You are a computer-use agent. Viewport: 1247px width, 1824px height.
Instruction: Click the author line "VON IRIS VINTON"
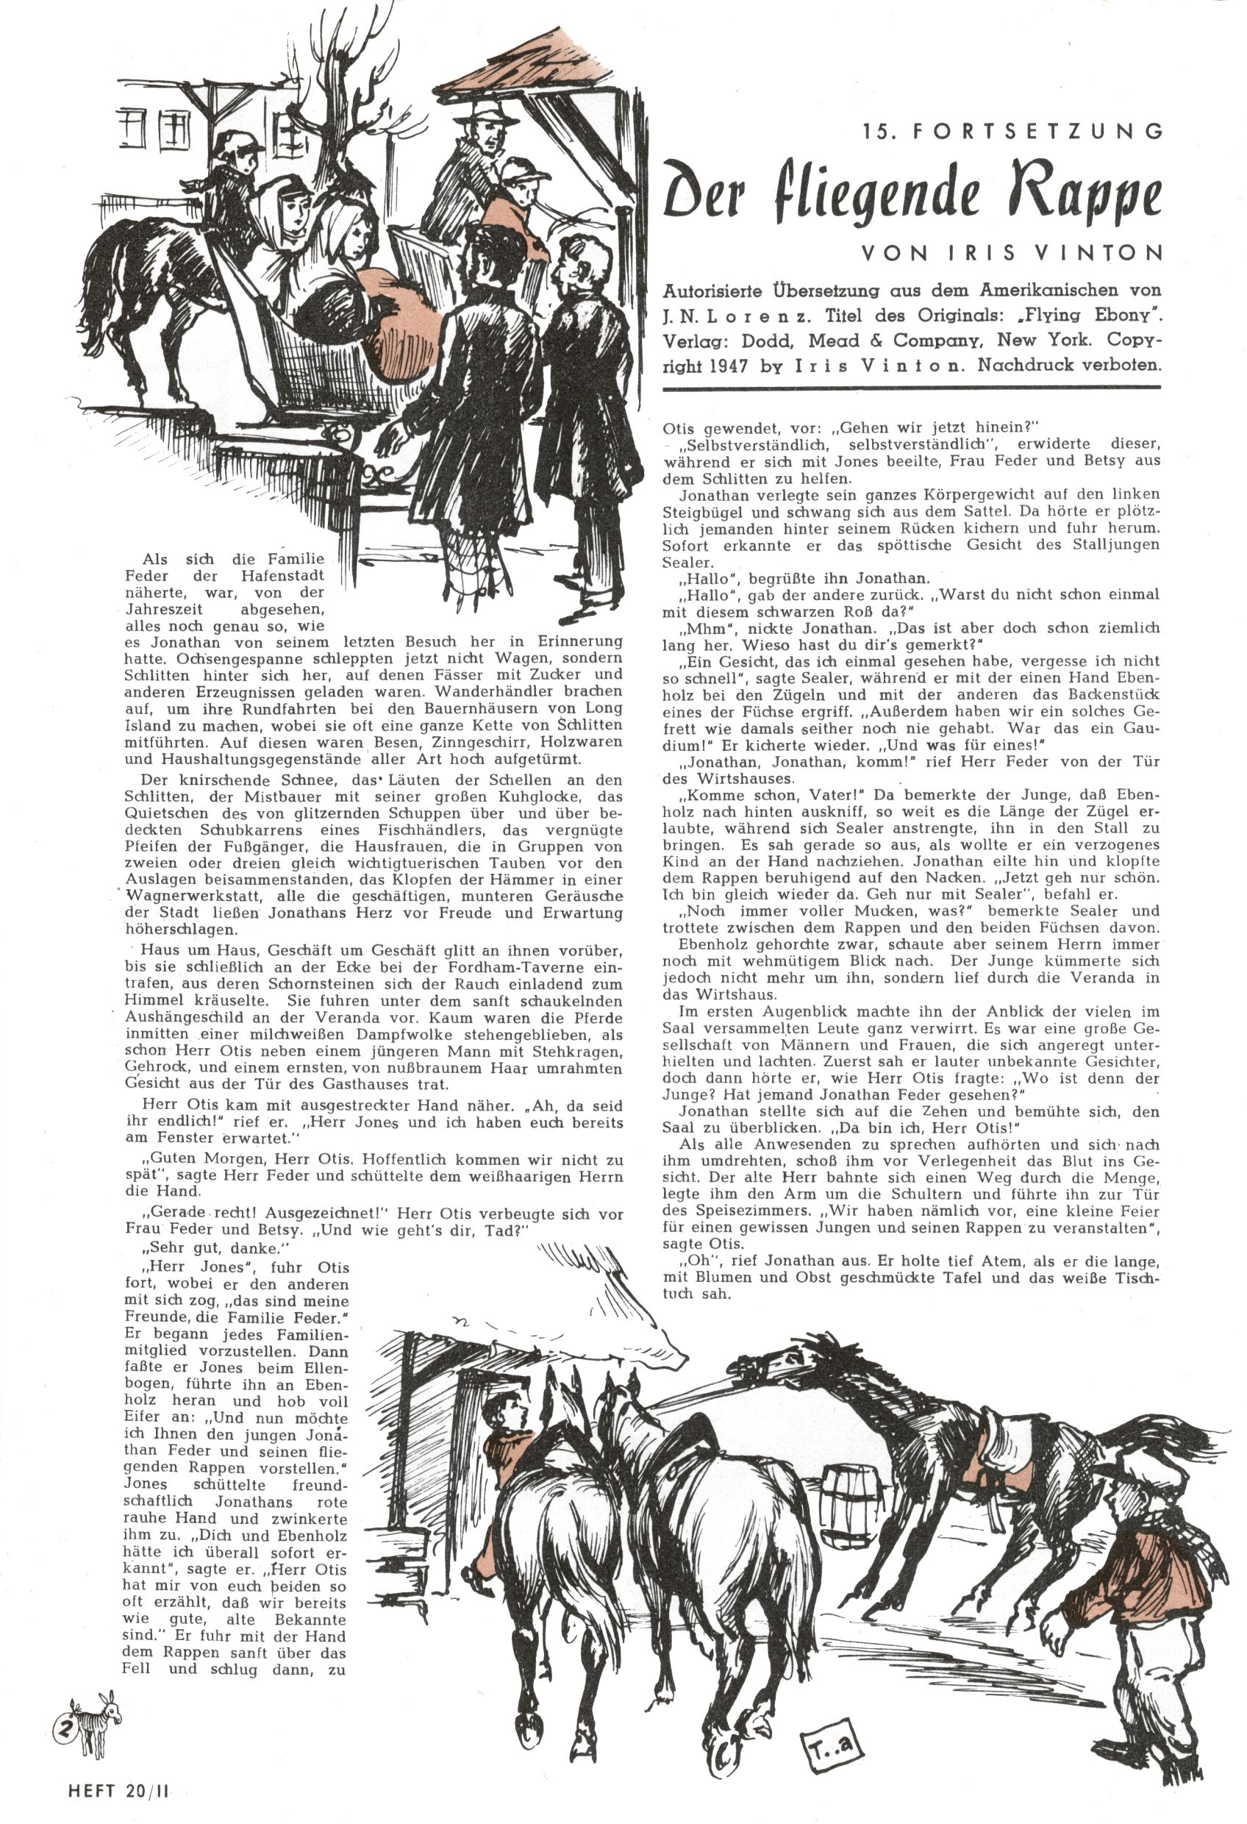click(1011, 253)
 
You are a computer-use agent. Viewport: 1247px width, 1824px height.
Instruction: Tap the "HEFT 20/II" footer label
click(118, 1792)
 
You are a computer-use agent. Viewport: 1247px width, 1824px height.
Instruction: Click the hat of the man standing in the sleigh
click(490, 113)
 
